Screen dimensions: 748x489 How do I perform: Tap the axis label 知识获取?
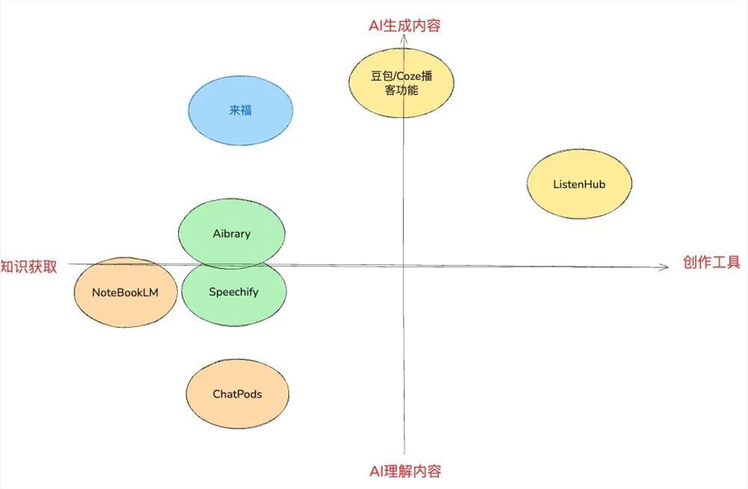pyautogui.click(x=29, y=267)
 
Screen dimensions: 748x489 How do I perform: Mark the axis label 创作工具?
pyautogui.click(x=711, y=263)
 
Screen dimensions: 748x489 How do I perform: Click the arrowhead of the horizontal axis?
pyautogui.click(x=665, y=267)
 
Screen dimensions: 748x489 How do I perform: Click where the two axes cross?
pyautogui.click(x=404, y=265)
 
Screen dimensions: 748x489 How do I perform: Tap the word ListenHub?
pyautogui.click(x=579, y=184)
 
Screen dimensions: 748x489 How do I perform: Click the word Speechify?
pyautogui.click(x=233, y=292)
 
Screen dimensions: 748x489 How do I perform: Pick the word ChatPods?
pyautogui.click(x=237, y=394)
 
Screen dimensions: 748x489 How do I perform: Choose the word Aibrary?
pyautogui.click(x=232, y=234)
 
